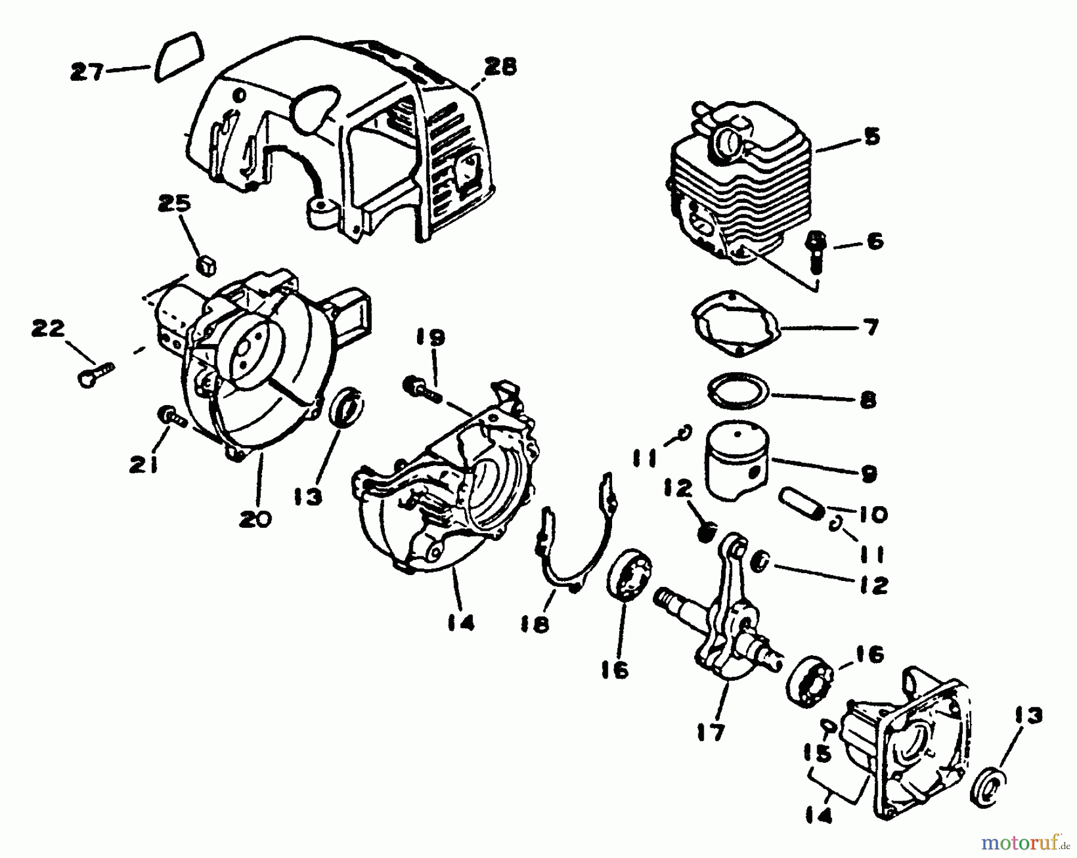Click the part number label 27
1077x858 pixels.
pos(87,72)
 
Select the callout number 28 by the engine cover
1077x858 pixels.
pos(500,67)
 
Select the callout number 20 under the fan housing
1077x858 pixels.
pos(255,518)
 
